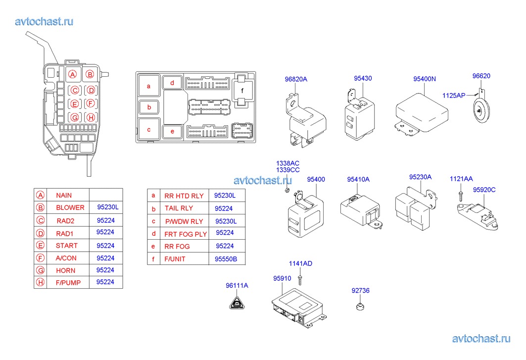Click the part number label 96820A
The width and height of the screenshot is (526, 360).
296,79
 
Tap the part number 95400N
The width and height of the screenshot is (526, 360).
425,79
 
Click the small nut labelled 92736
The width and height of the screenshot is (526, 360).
360,307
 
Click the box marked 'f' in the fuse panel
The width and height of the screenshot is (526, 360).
242,91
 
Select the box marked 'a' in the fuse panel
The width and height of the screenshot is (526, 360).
148,86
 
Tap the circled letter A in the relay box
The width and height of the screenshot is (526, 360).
73,75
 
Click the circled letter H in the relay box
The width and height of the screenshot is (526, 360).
90,117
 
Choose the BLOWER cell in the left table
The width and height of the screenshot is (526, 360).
70,207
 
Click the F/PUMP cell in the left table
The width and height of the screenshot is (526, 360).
68,282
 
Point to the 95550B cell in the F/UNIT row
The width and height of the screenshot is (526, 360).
226,259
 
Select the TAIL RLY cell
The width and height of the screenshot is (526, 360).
179,208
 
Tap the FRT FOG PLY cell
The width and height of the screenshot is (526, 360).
186,234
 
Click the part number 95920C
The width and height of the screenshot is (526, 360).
484,190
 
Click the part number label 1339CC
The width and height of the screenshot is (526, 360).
288,170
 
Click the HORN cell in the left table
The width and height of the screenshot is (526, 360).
66,270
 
